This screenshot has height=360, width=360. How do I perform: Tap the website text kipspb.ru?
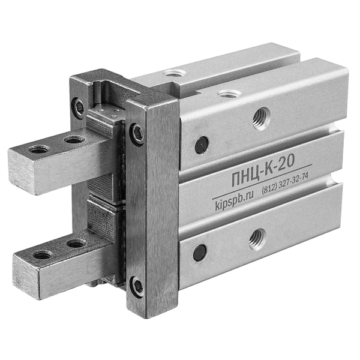click(x=234, y=202)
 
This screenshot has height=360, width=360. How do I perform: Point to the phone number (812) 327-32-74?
click(x=284, y=182)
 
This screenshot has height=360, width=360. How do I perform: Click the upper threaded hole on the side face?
click(x=262, y=118)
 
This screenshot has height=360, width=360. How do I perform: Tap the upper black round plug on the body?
click(x=202, y=145)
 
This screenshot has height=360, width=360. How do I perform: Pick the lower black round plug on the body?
click(x=200, y=253)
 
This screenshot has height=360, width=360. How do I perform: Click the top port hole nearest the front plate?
click(x=229, y=94)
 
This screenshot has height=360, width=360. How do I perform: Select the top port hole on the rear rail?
click(x=175, y=73)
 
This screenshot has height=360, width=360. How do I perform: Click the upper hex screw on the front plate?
click(x=137, y=134)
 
